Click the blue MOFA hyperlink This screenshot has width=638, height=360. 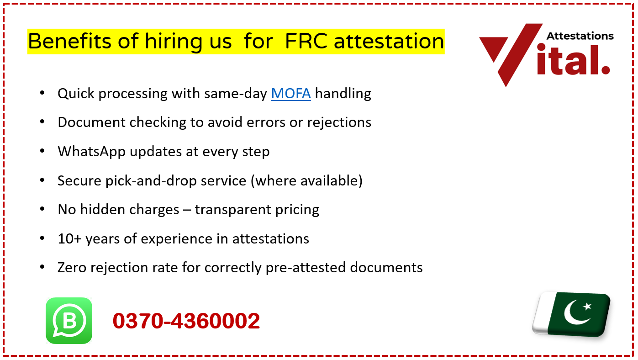point(290,93)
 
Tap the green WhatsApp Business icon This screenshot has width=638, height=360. point(69,321)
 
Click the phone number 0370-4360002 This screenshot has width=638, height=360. point(186,321)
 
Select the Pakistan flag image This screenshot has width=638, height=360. point(572,314)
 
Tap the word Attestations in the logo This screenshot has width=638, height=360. point(580,36)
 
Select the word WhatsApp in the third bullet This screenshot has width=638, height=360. point(91,151)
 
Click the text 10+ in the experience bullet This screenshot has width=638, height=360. point(69,238)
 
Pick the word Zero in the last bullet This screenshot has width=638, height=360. point(72,267)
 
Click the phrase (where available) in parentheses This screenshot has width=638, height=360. point(306,180)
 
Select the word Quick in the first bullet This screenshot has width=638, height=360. point(76,93)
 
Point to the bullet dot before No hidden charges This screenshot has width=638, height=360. point(42,209)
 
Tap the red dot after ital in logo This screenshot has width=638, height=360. point(605,69)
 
